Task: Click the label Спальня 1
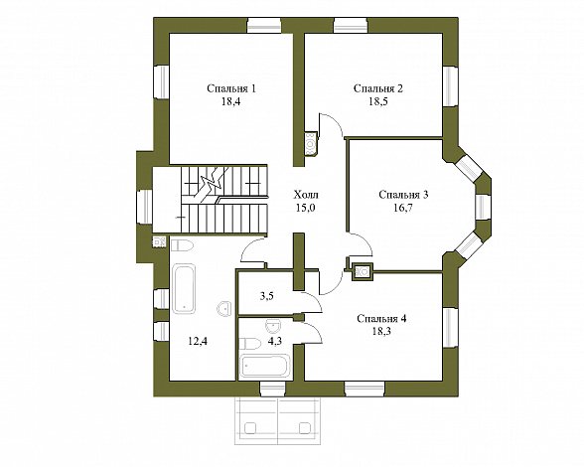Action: (231, 88)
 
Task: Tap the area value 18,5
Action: (378, 101)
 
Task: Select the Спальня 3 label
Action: (403, 195)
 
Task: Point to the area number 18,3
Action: (381, 331)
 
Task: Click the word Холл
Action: (306, 195)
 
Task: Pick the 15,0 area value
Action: (306, 208)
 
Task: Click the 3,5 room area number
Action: (267, 296)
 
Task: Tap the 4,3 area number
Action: (275, 341)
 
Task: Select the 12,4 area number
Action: (198, 341)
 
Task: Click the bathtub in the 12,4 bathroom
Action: (185, 289)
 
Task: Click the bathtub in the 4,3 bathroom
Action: (265, 367)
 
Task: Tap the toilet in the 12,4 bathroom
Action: (182, 245)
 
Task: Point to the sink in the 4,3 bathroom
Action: (274, 326)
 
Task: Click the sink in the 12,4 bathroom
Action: (224, 309)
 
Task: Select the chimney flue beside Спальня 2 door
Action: (311, 143)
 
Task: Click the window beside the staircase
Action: (145, 207)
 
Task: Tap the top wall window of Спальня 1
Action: (264, 25)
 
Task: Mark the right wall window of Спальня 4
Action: (450, 328)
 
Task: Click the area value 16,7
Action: (403, 208)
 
